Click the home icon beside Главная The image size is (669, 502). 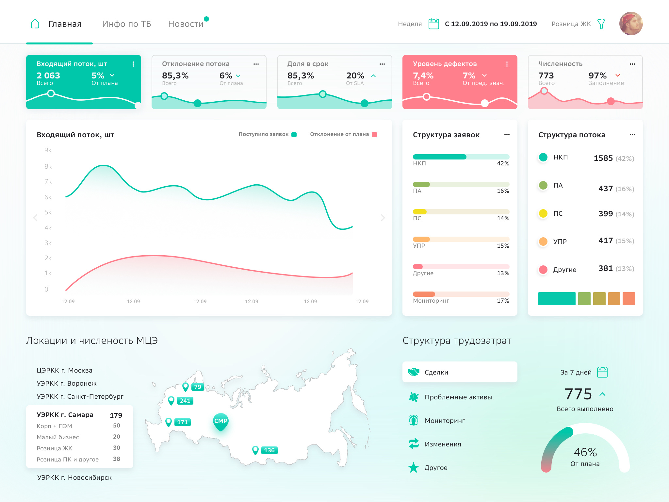coord(35,24)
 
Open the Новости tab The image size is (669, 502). coord(186,24)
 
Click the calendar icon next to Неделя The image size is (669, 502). coord(433,24)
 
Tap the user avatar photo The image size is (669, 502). coord(631,24)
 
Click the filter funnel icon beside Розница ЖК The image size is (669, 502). coord(601,24)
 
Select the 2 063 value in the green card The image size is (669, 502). coord(48,75)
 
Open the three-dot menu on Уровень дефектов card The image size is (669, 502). coord(507,64)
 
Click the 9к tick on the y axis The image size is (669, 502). coord(48,150)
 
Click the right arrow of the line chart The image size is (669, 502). coord(383,218)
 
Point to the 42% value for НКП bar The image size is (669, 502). coord(503,163)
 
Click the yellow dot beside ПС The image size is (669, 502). coord(543,213)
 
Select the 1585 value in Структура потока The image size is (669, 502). coord(603,158)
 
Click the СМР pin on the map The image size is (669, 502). coord(221,421)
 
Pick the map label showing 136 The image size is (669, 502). coord(269,450)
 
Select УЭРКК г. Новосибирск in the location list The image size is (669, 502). coord(74,477)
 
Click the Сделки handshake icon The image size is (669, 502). coord(414,372)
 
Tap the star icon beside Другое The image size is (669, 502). coord(414,468)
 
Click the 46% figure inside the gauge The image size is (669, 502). coord(585,452)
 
